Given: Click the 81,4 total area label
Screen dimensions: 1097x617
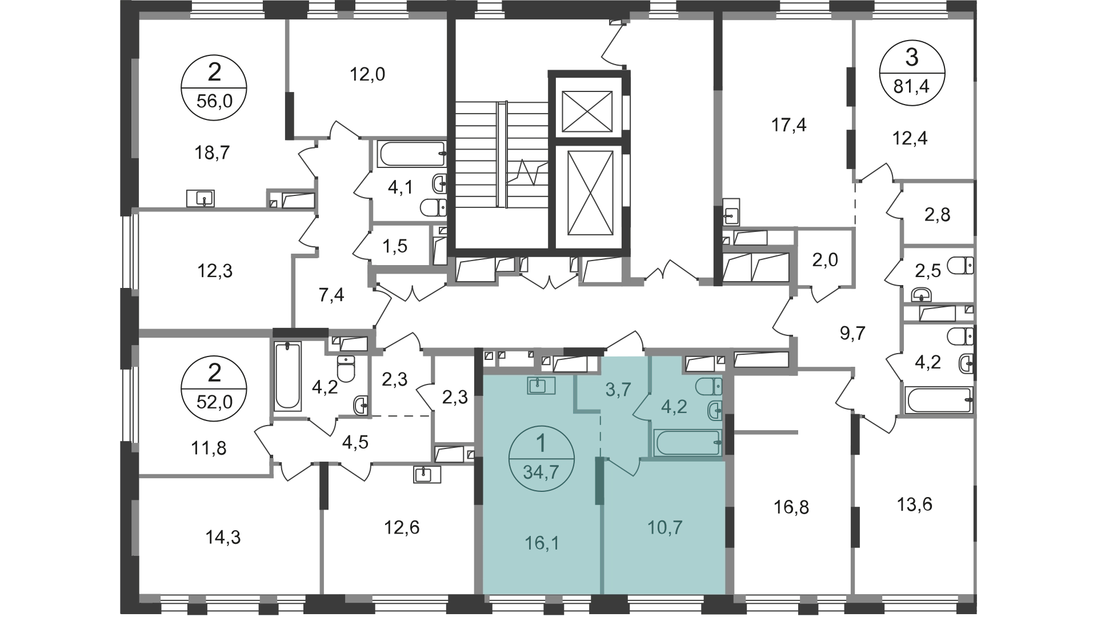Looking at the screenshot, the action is click(912, 88).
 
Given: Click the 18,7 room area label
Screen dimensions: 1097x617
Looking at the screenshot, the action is click(212, 153).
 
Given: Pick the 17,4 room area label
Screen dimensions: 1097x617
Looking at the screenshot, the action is click(789, 124).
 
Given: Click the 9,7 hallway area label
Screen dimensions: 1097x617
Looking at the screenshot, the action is click(853, 332).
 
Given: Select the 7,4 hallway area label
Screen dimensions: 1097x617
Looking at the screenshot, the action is click(331, 295).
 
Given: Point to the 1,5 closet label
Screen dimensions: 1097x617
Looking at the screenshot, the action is click(395, 247).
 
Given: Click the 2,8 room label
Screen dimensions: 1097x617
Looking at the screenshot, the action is click(938, 215).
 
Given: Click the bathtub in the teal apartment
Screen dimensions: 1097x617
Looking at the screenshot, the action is click(687, 443).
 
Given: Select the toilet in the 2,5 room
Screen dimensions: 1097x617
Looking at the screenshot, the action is click(960, 266).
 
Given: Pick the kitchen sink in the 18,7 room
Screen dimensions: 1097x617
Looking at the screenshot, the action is click(201, 199).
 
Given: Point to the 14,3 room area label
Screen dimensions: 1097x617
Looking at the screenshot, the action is click(223, 537).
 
